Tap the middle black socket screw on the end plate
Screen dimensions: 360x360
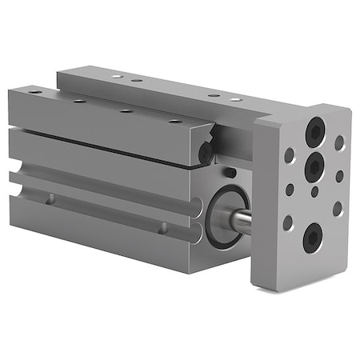[x=314, y=166]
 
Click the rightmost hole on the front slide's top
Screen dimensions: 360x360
[x=173, y=122]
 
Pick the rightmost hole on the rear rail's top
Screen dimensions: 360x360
[x=237, y=99]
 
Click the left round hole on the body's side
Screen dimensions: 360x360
[x=50, y=198]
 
